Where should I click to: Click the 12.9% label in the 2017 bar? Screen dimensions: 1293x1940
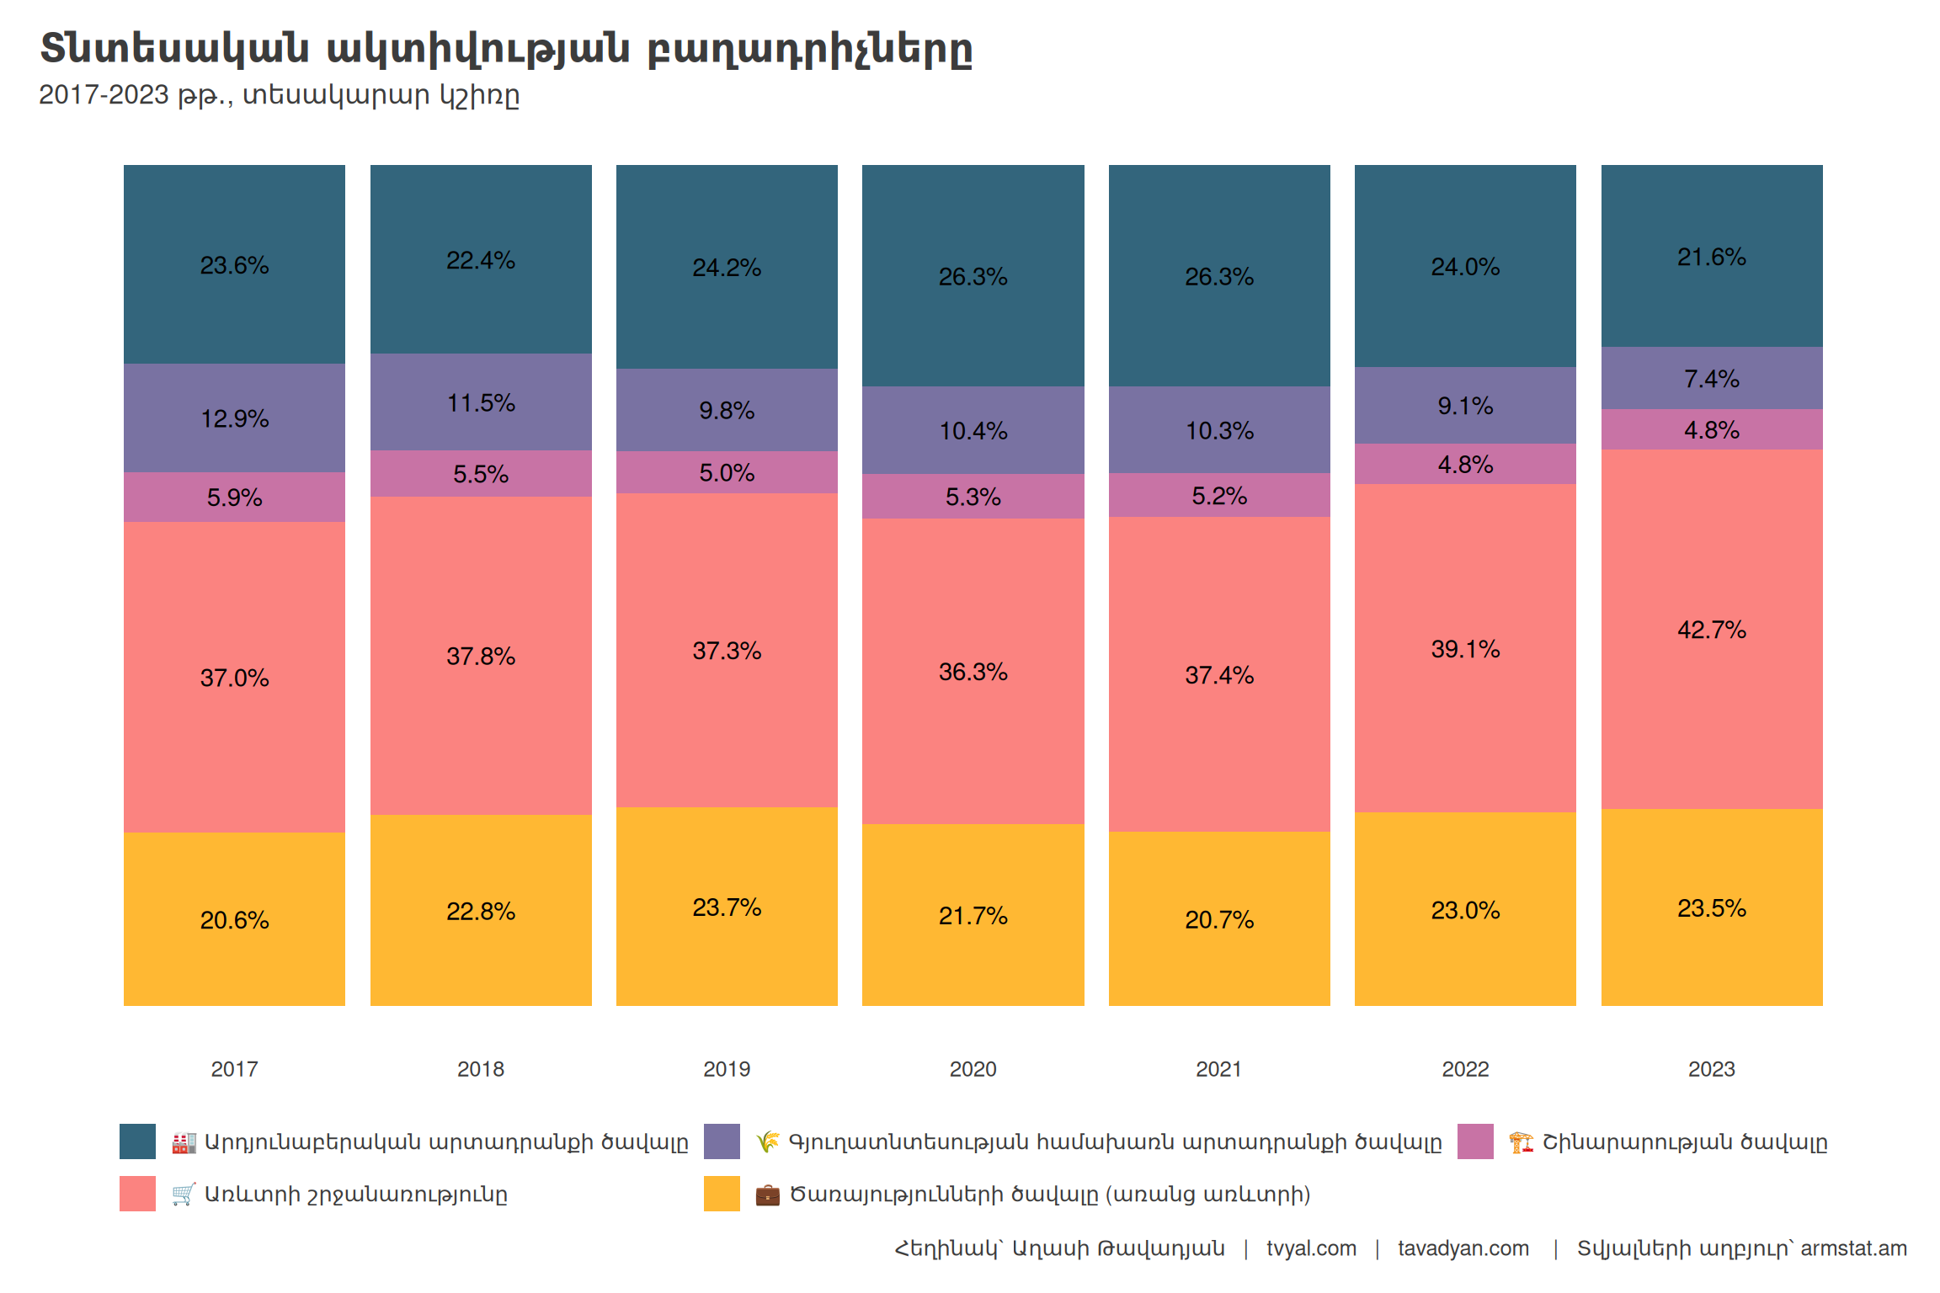point(234,418)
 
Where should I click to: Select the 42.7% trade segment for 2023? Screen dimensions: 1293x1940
point(1711,630)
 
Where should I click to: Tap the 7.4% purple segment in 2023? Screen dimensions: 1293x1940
point(1711,379)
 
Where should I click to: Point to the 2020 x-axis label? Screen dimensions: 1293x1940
point(973,1069)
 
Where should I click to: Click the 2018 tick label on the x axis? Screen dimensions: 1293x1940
point(480,1069)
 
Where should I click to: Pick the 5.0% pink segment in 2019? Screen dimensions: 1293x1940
point(727,472)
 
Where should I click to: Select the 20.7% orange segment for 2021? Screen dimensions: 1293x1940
point(1218,919)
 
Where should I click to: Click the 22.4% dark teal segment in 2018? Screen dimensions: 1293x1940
point(480,260)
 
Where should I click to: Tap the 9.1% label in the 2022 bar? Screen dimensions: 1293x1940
point(1465,406)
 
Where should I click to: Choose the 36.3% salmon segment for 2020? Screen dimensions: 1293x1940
point(973,672)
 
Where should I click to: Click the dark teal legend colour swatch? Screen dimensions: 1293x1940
point(137,1141)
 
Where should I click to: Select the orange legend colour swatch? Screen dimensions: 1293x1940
point(722,1194)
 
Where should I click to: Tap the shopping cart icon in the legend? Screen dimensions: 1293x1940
point(183,1194)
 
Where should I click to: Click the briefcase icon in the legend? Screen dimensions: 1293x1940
point(767,1195)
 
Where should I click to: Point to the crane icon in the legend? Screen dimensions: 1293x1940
point(1521,1142)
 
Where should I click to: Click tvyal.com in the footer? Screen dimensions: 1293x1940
point(1311,1248)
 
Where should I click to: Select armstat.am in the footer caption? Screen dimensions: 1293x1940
point(1853,1248)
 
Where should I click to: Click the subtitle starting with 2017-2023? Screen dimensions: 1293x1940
point(279,95)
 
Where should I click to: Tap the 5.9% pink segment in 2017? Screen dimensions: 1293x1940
point(234,498)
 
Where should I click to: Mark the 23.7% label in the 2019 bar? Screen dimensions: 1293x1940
point(727,907)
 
